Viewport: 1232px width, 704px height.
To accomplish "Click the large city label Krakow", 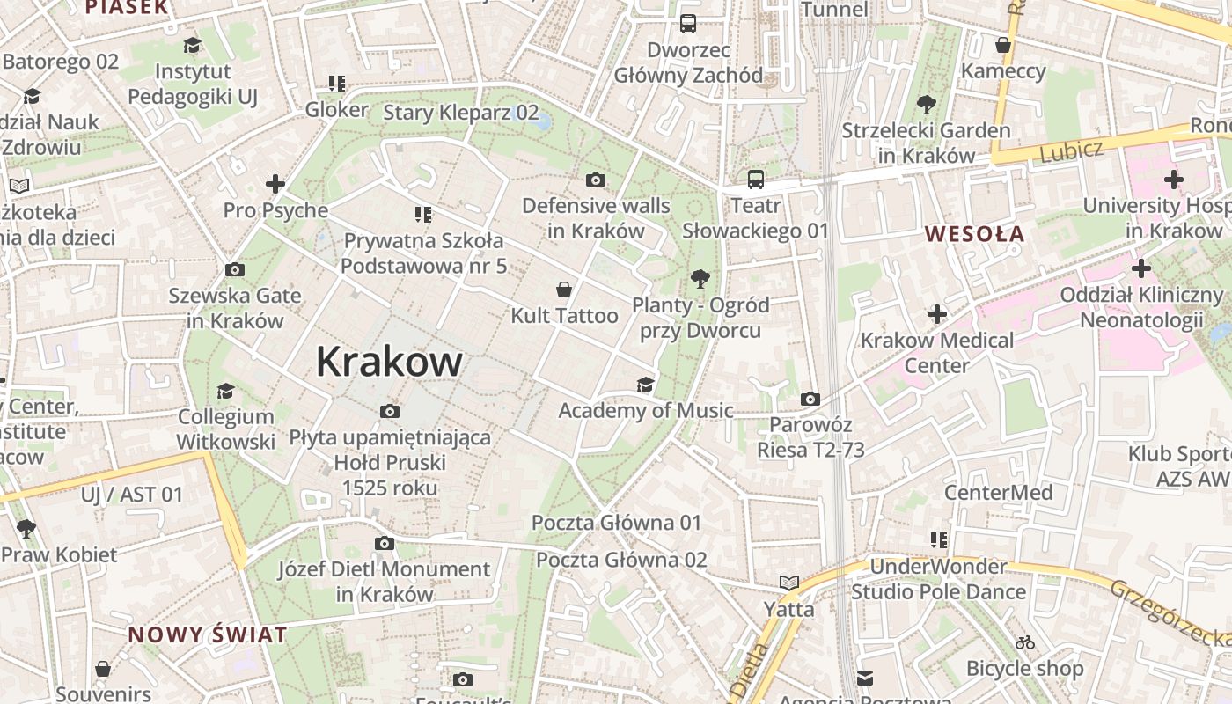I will [389, 362].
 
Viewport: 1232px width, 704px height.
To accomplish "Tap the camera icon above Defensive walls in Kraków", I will [596, 180].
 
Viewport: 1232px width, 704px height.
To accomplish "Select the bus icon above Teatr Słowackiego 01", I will [756, 180].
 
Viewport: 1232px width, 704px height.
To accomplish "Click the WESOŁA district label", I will [975, 234].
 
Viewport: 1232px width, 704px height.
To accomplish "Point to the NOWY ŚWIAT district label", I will [208, 634].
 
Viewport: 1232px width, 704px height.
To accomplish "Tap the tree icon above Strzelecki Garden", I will [926, 105].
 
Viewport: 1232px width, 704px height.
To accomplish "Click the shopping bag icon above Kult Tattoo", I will [564, 290].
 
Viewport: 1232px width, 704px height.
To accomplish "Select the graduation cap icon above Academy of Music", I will [645, 385].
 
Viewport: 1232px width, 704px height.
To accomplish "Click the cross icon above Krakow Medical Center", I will [937, 314].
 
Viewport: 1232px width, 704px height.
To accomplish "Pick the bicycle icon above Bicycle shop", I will [1025, 642].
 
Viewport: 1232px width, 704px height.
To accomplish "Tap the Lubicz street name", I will [1071, 151].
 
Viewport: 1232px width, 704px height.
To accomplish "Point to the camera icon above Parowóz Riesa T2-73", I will [810, 400].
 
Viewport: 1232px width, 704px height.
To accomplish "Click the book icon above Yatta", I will [789, 583].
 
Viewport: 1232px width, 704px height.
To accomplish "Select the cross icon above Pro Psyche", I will [275, 184].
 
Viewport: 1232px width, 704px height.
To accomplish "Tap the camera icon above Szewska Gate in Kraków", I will [235, 270].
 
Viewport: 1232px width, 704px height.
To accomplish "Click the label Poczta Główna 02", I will [621, 560].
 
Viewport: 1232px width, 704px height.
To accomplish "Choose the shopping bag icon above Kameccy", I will [1003, 45].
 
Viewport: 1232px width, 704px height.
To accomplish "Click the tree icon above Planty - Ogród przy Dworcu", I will [700, 280].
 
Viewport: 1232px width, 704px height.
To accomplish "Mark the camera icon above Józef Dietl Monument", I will [385, 544].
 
